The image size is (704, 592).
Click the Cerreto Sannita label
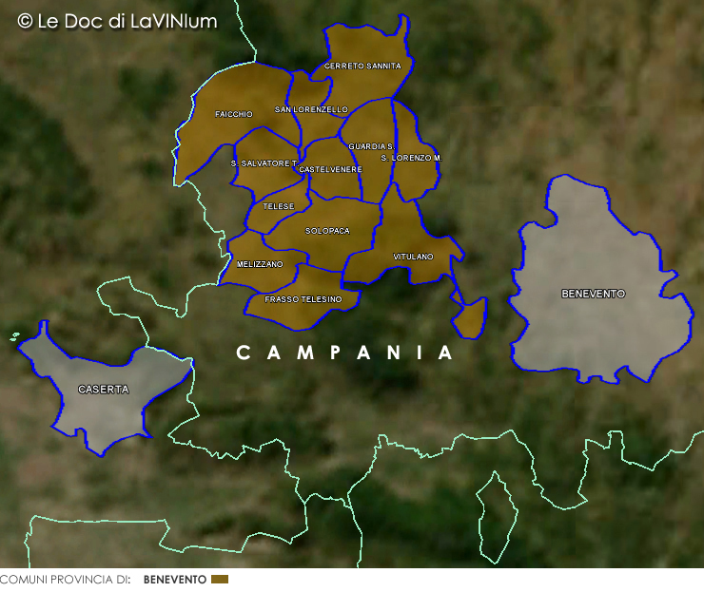click(362, 66)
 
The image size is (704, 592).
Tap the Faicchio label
click(233, 114)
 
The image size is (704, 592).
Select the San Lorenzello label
click(311, 109)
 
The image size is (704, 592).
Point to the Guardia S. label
click(371, 146)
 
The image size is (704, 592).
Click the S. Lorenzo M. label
click(411, 157)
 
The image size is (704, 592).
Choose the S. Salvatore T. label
click(264, 163)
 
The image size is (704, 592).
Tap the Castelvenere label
click(330, 169)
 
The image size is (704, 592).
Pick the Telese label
click(279, 206)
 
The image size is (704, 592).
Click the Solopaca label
click(327, 231)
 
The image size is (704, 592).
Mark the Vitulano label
click(413, 257)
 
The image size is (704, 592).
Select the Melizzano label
click(260, 264)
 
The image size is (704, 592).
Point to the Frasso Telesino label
click(303, 299)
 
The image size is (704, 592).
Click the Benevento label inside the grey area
click(593, 294)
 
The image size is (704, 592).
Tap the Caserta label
click(103, 390)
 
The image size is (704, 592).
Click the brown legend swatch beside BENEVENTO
click(220, 579)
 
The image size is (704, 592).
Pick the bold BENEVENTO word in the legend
click(174, 579)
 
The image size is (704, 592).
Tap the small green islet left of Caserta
click(15, 335)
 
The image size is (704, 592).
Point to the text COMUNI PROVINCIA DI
click(65, 579)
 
